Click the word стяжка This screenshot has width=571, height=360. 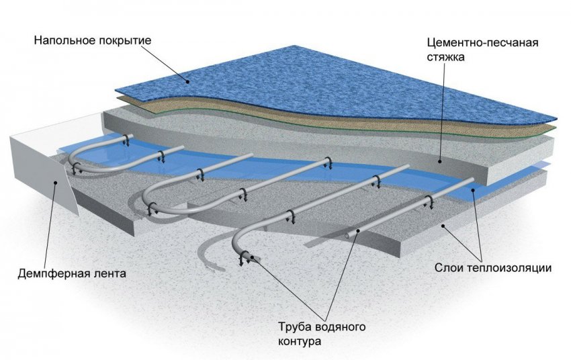tap(445, 57)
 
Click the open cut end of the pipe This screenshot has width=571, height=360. tap(249, 255)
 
